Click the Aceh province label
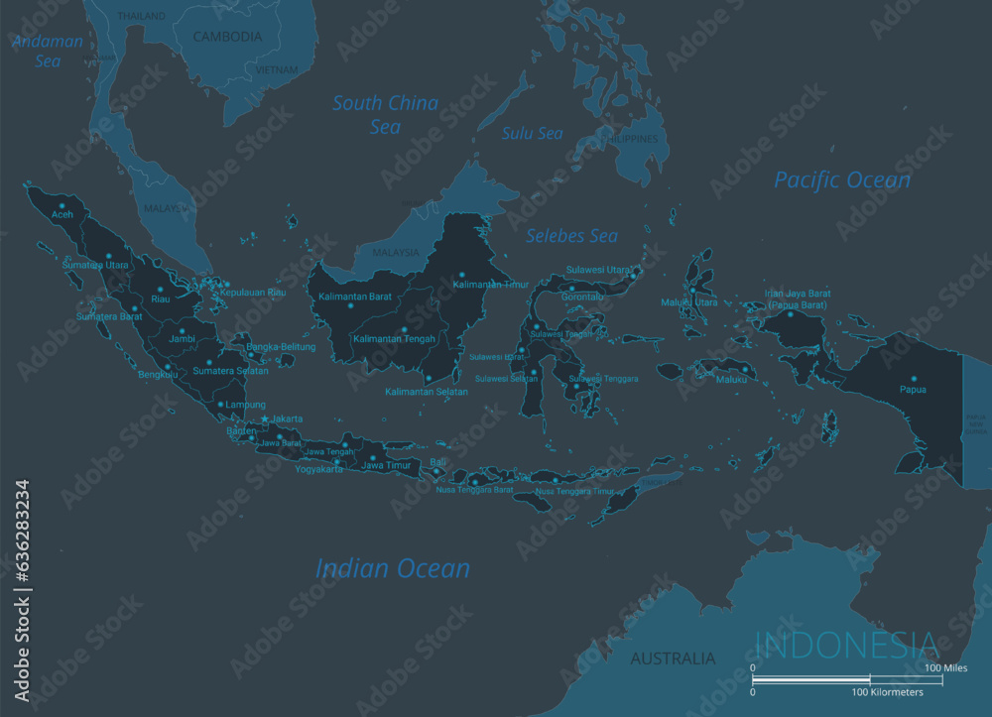tap(62, 214)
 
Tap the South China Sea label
tap(385, 114)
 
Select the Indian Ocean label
tap(393, 568)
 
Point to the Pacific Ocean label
tap(841, 179)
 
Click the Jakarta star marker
tap(265, 418)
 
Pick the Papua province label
tap(913, 389)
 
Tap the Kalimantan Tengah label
tap(394, 339)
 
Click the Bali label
tap(437, 462)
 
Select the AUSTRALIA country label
tap(673, 658)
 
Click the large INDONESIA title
tap(846, 645)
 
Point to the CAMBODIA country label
tap(227, 37)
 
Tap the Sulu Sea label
tap(532, 133)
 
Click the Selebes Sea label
tap(571, 236)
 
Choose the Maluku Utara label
tap(689, 302)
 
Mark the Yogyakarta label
tap(319, 469)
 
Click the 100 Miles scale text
tap(946, 668)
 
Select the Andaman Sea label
tap(47, 51)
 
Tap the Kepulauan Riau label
tap(253, 293)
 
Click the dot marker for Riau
tap(154, 288)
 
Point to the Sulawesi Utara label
tap(598, 270)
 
